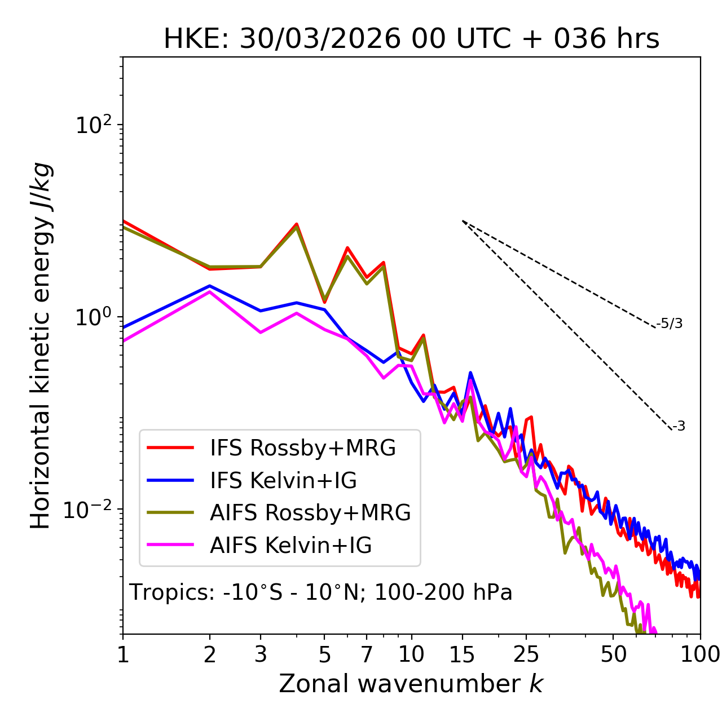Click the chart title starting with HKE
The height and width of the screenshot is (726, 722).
pos(411,39)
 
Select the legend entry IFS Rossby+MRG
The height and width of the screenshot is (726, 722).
pos(302,448)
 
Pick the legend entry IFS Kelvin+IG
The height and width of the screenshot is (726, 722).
pos(283,481)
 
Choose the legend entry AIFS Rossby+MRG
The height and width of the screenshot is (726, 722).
pos(310,513)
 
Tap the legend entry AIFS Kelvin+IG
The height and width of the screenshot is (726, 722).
pos(290,546)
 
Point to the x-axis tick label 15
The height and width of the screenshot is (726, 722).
pos(462,654)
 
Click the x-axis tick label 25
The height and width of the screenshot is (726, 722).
pos(526,654)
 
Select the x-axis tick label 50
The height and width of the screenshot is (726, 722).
pos(613,654)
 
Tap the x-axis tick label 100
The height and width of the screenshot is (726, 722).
pos(700,654)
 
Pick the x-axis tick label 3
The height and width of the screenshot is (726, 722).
pos(261,654)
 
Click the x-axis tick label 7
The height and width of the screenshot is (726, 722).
pos(367,654)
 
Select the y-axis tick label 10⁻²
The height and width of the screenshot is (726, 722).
pos(90,510)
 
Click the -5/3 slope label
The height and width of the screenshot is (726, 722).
pos(670,324)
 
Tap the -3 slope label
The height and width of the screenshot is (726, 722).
pos(679,427)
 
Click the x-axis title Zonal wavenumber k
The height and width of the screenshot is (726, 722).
pos(411,684)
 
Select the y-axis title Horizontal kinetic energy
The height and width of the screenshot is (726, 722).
pos(41,346)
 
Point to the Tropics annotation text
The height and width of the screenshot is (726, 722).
pos(320,593)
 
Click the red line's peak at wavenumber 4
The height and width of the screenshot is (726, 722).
pos(297,224)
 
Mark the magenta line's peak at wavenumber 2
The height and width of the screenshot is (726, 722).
pos(210,291)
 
